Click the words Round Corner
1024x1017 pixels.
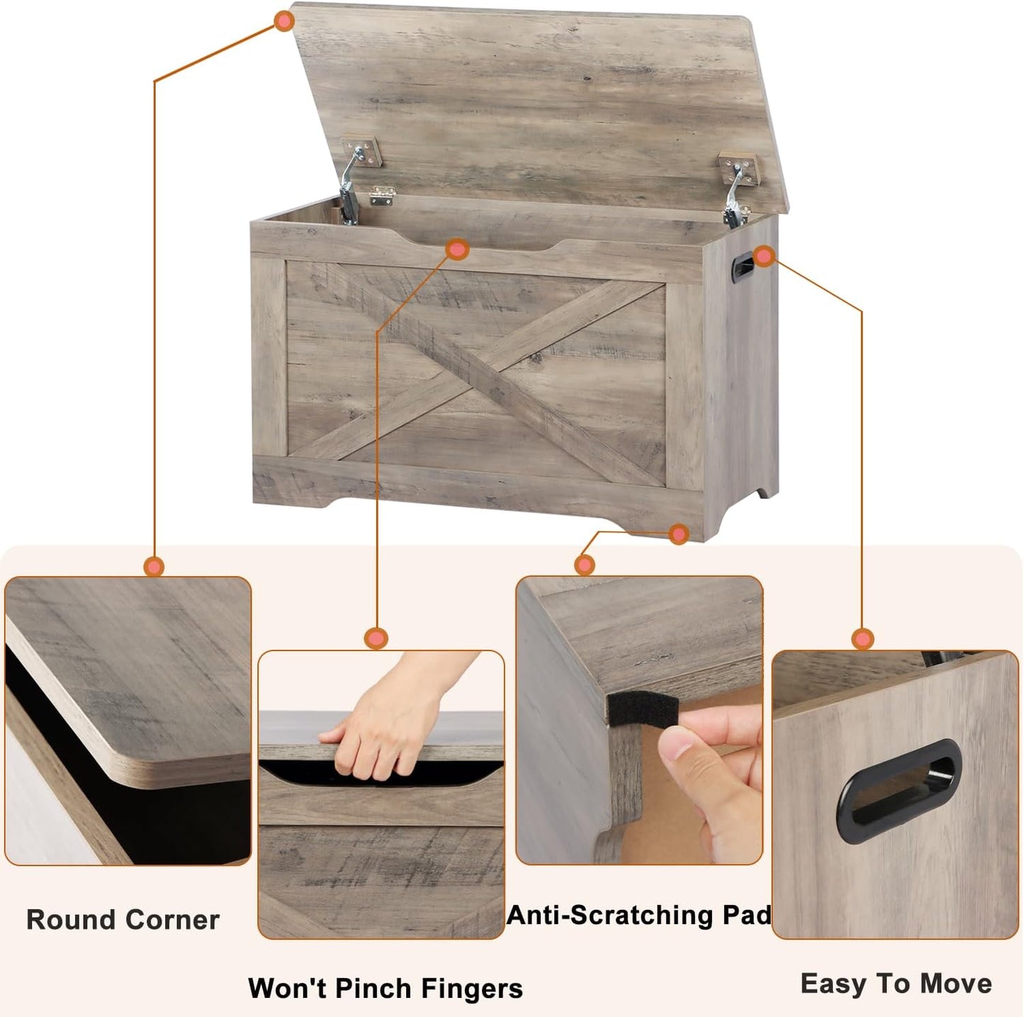[123, 920]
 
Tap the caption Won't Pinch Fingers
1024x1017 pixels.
[385, 988]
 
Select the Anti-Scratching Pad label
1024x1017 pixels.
[638, 915]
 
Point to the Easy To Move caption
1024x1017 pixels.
[896, 984]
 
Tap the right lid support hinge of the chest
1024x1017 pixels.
[737, 188]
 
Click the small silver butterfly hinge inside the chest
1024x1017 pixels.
[382, 195]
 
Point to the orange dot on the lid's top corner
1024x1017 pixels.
[284, 21]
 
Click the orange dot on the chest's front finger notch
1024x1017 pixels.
[458, 249]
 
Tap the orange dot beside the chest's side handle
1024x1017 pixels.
[764, 257]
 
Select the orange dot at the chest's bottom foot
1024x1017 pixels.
[678, 534]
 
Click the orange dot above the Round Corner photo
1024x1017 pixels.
[154, 566]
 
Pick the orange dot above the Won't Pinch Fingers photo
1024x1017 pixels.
[376, 638]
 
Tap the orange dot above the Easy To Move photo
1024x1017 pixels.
[862, 639]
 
